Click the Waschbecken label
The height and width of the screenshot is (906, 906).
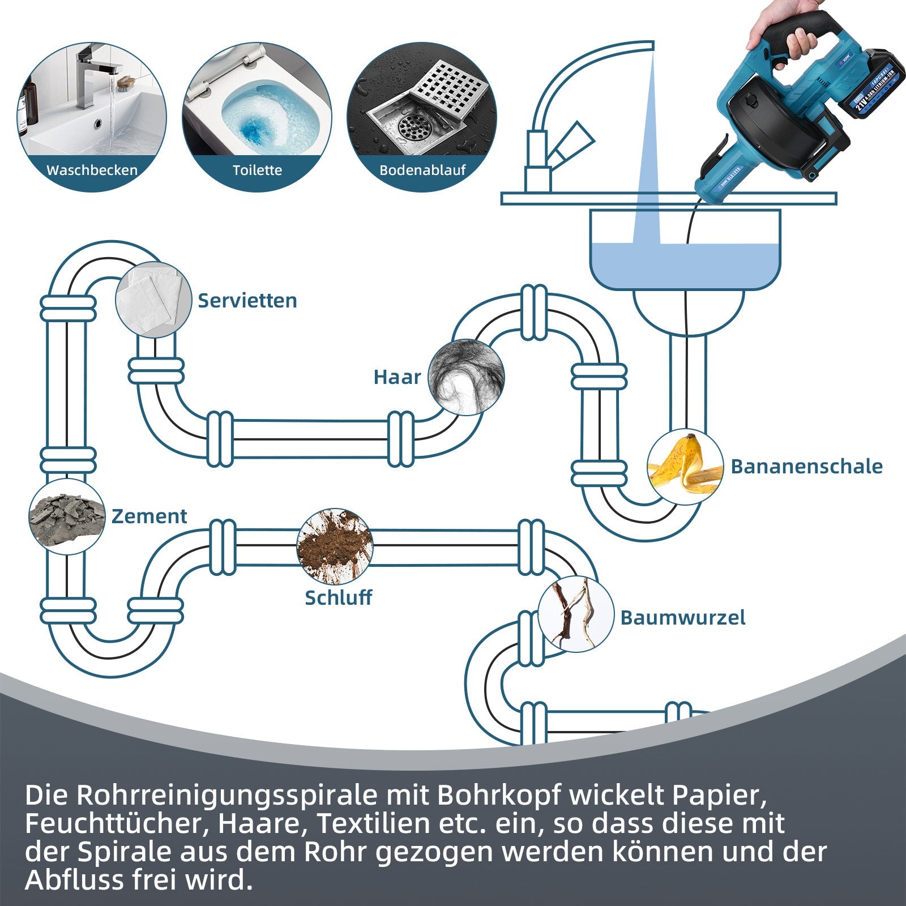click(x=92, y=170)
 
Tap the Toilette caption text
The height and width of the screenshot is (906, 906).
click(x=257, y=170)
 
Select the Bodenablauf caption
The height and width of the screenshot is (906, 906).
click(x=422, y=170)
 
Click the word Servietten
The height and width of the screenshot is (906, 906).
click(x=247, y=301)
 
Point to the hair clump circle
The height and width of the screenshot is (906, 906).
click(x=465, y=377)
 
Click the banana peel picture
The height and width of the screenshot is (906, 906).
click(x=685, y=467)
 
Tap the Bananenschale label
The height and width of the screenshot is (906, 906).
click(x=806, y=467)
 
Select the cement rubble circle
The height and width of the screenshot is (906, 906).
click(x=67, y=516)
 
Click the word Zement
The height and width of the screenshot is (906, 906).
click(x=149, y=516)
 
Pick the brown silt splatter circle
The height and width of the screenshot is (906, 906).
click(x=335, y=546)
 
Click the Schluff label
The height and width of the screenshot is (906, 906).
click(x=338, y=597)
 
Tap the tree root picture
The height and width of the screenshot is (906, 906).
click(x=575, y=614)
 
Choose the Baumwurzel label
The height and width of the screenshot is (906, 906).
click(x=682, y=617)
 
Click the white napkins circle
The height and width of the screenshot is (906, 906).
click(x=153, y=300)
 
